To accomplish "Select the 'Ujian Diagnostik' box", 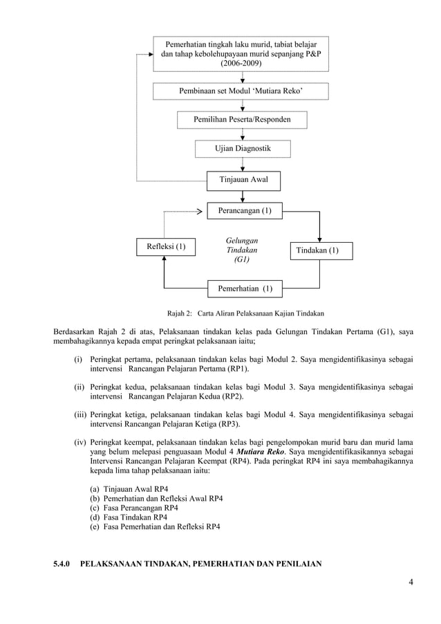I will (x=241, y=149).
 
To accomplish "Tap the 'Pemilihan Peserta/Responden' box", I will (x=241, y=120).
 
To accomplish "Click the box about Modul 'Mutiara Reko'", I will (x=241, y=91).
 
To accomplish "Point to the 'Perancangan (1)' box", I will (x=245, y=210).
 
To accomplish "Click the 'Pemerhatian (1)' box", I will (x=245, y=288).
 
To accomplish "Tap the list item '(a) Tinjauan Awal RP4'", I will (x=131, y=488).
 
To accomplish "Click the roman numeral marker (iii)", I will (x=80, y=414).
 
